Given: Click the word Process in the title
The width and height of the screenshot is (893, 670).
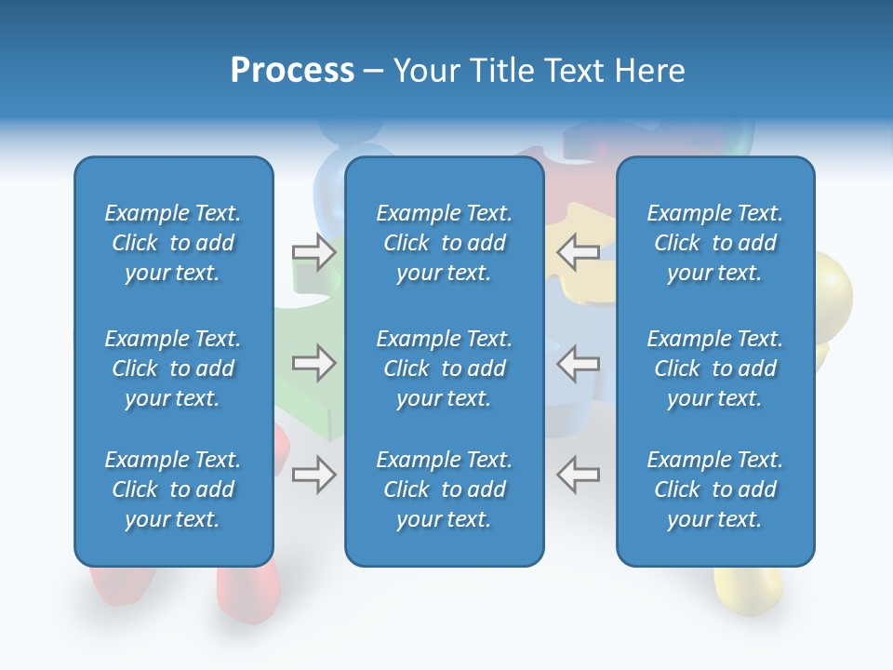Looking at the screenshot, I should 292,71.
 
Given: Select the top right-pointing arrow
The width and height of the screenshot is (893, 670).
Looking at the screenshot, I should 314,252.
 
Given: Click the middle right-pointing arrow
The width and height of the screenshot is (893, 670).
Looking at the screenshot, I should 314,363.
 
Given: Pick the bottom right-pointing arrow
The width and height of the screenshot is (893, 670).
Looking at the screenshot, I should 314,475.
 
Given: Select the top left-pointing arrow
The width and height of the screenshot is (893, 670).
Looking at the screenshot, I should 578,252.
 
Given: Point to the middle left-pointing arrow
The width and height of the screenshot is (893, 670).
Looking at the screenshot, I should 578,363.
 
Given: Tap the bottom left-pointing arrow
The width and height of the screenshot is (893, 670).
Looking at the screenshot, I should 578,475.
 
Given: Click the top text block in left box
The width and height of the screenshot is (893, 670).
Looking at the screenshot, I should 173,243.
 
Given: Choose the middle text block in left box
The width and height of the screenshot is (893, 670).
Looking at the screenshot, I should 173,368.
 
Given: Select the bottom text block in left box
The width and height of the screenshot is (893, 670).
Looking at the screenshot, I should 173,489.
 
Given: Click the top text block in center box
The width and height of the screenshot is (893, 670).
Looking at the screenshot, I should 444,243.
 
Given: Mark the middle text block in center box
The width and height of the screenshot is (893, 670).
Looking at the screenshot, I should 444,368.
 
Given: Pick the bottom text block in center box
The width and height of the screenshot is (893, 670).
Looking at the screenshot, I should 444,489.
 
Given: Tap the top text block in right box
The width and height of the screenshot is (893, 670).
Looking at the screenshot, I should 714,243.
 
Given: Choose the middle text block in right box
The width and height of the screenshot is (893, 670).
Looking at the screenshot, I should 714,368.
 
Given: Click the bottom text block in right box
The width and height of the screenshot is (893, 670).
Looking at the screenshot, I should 714,489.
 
